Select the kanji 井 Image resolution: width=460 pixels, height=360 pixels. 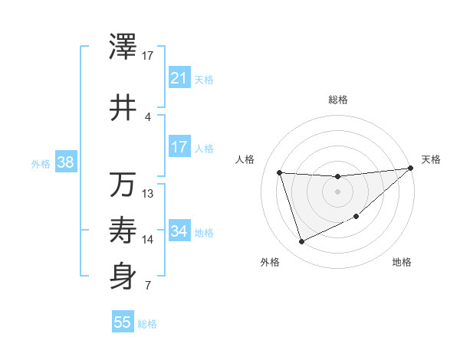point(123,108)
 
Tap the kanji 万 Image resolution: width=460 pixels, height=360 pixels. point(123,185)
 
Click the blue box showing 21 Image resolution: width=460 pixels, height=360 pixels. point(179,78)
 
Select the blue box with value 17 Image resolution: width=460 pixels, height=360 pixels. point(179,147)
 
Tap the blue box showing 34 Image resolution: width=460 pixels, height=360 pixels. point(179,231)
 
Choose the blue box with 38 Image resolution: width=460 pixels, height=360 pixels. point(65,162)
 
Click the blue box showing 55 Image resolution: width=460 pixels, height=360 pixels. point(123,322)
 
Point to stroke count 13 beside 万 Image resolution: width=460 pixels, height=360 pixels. point(148,193)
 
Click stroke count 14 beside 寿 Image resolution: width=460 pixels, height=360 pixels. point(148,240)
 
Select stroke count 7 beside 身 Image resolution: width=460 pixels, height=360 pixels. point(148,286)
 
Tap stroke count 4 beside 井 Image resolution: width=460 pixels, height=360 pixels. point(148,116)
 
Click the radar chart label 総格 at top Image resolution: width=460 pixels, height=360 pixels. point(337,100)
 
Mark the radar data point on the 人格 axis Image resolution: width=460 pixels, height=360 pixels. point(279,172)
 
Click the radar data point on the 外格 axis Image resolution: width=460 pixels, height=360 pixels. point(301,242)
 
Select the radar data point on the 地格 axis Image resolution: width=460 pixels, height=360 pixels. point(356,217)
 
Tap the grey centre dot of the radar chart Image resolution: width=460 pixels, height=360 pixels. point(337,191)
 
